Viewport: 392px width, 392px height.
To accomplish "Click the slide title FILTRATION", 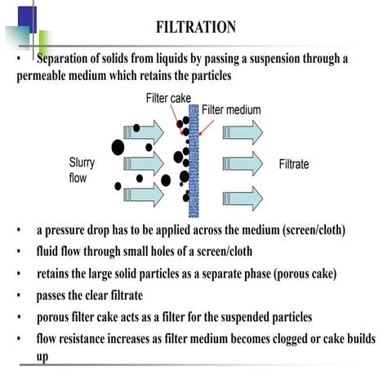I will click(196, 28).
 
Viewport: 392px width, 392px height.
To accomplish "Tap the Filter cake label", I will click(168, 98).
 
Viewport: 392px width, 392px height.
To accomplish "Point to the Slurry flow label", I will click(82, 169).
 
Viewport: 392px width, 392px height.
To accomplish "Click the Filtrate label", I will click(294, 164).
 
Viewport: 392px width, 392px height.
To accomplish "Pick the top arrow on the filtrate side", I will click(243, 132).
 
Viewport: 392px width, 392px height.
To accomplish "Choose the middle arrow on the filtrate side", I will click(243, 164).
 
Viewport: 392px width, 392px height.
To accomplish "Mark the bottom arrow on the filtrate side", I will click(243, 197).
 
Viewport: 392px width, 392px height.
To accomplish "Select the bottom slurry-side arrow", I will click(140, 194).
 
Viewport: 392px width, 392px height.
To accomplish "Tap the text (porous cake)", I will click(299, 273).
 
